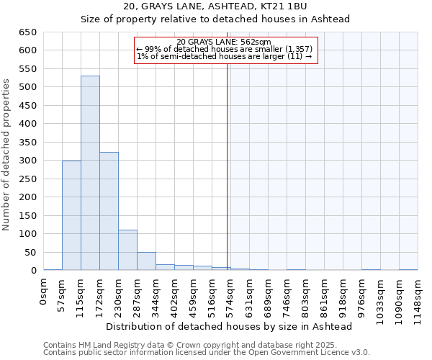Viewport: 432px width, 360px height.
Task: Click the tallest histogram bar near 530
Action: (90, 173)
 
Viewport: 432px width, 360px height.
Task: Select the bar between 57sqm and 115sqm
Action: (71, 215)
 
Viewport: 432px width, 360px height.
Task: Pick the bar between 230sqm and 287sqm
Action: (127, 250)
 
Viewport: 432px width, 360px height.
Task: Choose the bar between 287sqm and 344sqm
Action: (146, 261)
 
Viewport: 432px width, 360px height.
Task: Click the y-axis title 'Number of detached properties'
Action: (7, 155)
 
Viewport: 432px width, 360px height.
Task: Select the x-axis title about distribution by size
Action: (228, 327)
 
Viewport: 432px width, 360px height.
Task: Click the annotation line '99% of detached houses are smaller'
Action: (224, 49)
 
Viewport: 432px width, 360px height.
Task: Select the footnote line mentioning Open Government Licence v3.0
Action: (207, 353)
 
